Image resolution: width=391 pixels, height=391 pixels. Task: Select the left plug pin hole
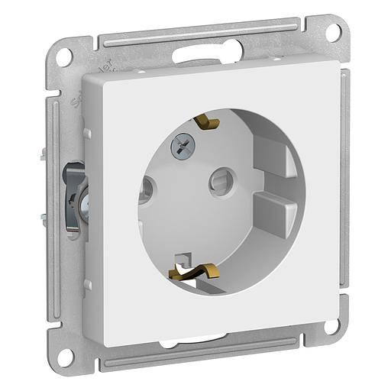(147, 189)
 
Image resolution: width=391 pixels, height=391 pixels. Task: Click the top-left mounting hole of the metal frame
(66, 54)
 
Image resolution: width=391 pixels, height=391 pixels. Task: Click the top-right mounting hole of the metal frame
(332, 33)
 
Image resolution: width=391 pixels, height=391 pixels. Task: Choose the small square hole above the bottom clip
(181, 257)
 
